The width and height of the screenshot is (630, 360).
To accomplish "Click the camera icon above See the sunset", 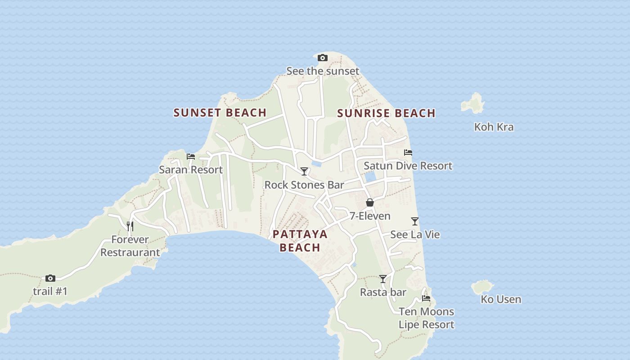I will coord(322,58).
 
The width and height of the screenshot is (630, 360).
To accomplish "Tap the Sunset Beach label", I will coord(220,112).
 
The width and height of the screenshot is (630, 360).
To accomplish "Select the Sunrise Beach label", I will coord(386,113).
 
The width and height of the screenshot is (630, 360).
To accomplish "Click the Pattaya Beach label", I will coord(300,241).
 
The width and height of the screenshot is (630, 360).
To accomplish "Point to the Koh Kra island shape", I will coord(473,103).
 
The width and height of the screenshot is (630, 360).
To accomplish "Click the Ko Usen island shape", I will coord(482,287).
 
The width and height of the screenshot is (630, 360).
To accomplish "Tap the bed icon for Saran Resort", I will coord(191,157).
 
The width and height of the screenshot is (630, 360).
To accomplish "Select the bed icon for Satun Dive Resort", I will coord(408,153).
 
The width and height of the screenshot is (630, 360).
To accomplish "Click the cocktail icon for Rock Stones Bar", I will coord(304,171).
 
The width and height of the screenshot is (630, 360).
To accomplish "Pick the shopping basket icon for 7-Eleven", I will coord(370,203).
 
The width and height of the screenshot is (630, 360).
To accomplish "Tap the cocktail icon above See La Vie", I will coord(415,221).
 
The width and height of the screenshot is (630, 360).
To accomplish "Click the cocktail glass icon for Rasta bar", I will coord(382,279).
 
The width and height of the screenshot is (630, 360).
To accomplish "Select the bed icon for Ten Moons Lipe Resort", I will coord(426,298).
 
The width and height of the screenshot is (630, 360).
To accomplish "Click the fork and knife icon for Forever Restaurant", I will coord(130,226).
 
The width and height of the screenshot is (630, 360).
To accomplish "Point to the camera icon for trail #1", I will coord(50,279).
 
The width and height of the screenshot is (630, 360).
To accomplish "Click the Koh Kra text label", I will coord(494,127).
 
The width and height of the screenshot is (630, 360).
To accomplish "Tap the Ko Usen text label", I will coord(501,299).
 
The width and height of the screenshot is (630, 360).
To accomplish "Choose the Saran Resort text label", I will coord(191,170).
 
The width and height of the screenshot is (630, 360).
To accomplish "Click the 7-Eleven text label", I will coord(370,216).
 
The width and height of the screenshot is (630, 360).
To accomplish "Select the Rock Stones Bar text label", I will coord(304,185).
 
